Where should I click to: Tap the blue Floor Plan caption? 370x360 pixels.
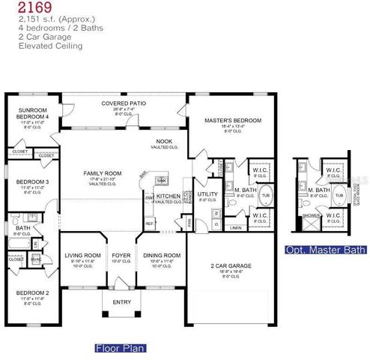pyautogui.click(x=121, y=348)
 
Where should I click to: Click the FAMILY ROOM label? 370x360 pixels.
pyautogui.click(x=102, y=173)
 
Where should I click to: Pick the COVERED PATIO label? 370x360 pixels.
pyautogui.click(x=124, y=103)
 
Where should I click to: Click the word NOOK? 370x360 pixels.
pyautogui.click(x=164, y=141)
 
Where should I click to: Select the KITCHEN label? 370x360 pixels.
pyautogui.click(x=168, y=196)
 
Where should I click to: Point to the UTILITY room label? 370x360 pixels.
pyautogui.click(x=207, y=193)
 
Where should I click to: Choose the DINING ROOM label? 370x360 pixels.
pyautogui.click(x=162, y=255)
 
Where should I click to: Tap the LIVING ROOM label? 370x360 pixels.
pyautogui.click(x=82, y=255)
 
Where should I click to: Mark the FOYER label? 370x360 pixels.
pyautogui.click(x=121, y=255)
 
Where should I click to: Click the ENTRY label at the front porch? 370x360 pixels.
pyautogui.click(x=121, y=302)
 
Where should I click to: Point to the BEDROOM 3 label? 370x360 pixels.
pyautogui.click(x=32, y=181)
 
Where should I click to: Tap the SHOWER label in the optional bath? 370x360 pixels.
pyautogui.click(x=307, y=215)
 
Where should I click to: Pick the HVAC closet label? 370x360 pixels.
pyautogui.click(x=36, y=259)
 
